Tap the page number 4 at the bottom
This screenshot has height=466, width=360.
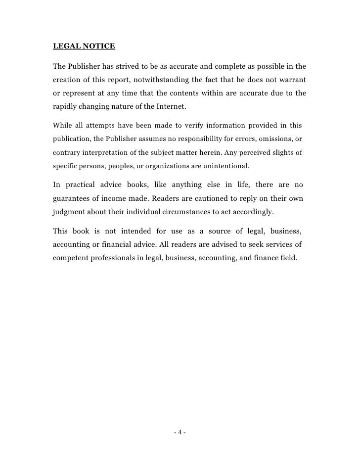tap(180, 433)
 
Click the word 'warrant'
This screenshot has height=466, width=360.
tap(291, 81)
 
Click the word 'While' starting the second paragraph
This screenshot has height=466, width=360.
tap(61, 126)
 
